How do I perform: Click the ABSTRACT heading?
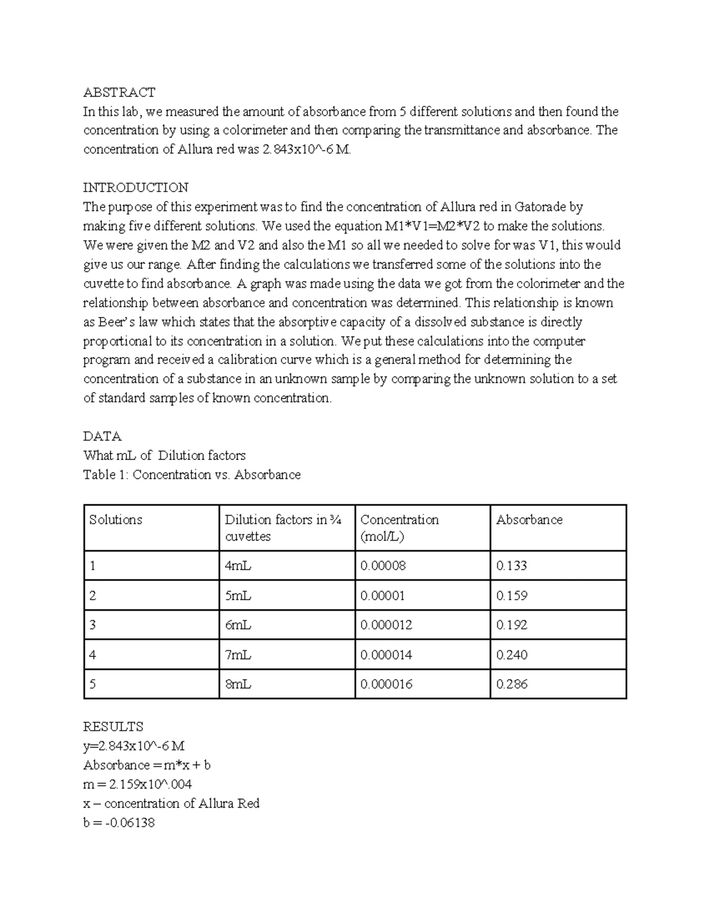tap(119, 92)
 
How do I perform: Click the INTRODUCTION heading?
tap(136, 188)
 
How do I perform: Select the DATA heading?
tap(102, 436)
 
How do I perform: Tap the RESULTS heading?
tap(113, 726)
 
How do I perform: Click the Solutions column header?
tap(116, 520)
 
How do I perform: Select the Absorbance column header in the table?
tap(529, 520)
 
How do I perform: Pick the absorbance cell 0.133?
tap(512, 566)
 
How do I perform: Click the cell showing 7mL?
tap(238, 655)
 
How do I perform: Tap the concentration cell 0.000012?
tap(386, 625)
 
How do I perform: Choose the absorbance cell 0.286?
tap(512, 685)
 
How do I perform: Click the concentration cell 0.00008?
tap(383, 566)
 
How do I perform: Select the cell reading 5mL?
tap(238, 596)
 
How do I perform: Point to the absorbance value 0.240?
tap(512, 655)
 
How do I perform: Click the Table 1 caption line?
tap(192, 475)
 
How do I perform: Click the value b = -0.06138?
tap(119, 823)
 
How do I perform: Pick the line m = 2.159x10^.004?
tap(138, 784)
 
